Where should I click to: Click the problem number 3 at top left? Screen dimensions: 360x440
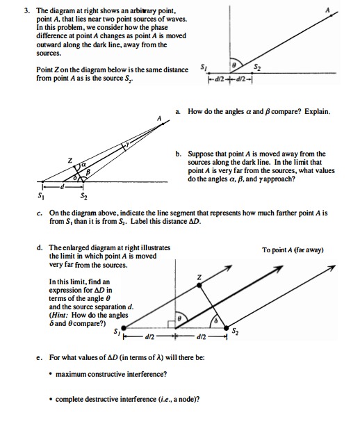26,11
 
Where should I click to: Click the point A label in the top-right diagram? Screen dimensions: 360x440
327,10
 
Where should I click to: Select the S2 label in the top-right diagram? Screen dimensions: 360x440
257,67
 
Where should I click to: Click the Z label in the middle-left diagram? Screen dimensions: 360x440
70,161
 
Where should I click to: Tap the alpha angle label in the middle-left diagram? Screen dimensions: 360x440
83,165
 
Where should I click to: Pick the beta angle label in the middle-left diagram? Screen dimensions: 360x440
88,172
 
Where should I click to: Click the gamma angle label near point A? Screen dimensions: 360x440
127,144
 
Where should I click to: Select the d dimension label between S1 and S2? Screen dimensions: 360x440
63,186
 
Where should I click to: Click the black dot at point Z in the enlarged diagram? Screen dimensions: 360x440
199,286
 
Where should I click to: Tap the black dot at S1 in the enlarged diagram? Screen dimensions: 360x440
124,327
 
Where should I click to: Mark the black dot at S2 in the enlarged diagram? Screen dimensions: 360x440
226,327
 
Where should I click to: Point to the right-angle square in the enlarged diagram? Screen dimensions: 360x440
172,324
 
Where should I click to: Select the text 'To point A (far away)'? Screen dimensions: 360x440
293,250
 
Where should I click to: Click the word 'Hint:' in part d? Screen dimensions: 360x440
60,315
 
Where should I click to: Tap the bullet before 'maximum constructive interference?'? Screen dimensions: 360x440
51,374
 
